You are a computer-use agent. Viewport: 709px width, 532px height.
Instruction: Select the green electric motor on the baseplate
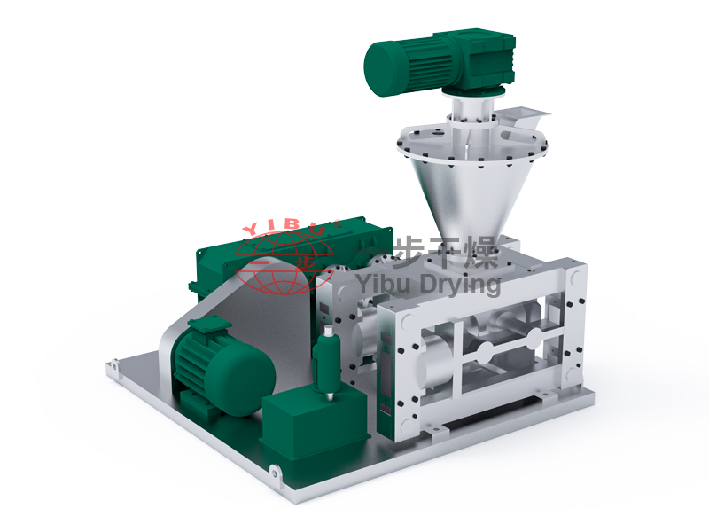222,362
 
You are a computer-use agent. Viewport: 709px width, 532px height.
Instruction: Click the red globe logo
284,262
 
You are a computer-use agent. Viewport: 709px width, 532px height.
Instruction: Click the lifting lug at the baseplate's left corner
114,365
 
